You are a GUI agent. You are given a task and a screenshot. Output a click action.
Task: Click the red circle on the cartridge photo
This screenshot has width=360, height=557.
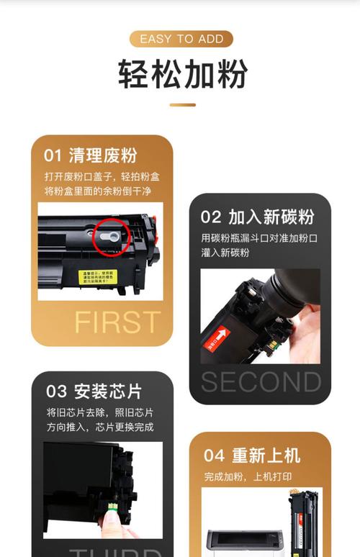click(x=111, y=236)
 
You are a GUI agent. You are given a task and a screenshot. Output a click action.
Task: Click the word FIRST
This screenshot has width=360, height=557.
click(x=117, y=322)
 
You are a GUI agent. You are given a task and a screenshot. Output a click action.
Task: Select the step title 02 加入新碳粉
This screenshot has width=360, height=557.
click(x=257, y=217)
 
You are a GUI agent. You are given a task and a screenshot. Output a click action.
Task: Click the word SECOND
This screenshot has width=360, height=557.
click(x=261, y=382)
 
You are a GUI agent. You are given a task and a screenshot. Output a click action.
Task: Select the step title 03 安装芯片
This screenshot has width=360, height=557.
click(x=94, y=391)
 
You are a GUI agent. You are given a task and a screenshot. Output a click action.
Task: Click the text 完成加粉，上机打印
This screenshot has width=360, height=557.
click(x=248, y=476)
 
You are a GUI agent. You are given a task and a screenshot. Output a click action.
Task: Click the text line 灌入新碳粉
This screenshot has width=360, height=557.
click(x=225, y=253)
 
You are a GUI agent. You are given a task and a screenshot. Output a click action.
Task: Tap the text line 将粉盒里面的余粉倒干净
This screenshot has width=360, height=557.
click(x=97, y=191)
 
